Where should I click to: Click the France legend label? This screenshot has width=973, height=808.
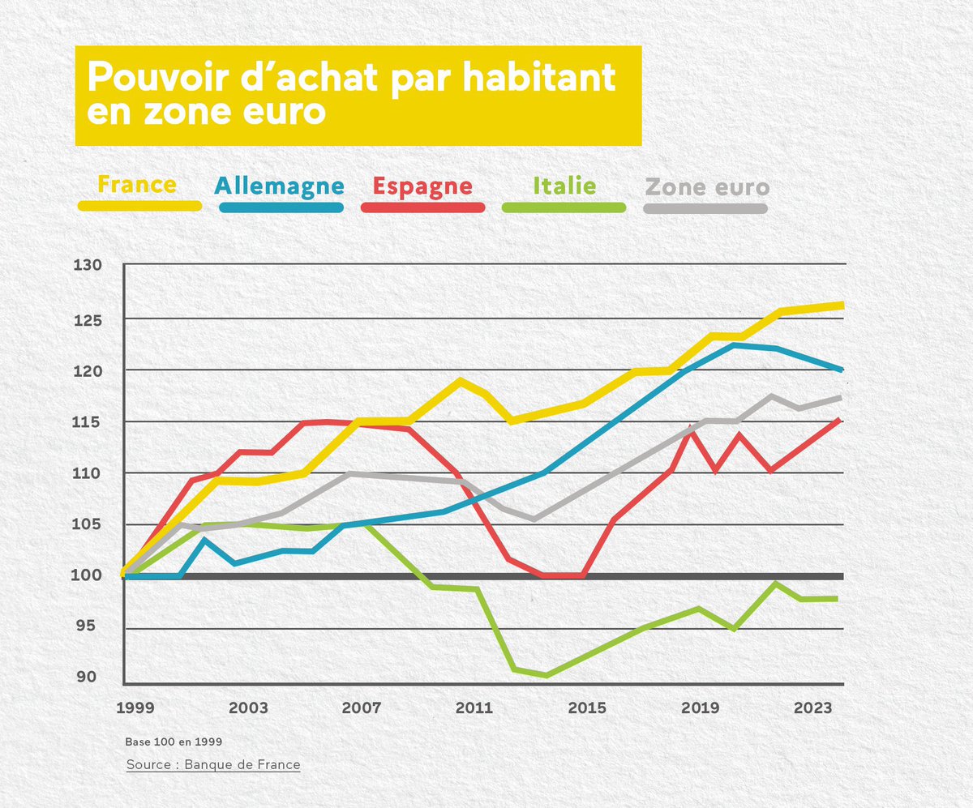coord(137,185)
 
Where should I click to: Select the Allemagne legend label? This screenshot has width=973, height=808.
coord(280,186)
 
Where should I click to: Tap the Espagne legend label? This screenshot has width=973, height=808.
coord(422,186)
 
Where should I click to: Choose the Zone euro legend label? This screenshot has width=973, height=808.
coord(706,187)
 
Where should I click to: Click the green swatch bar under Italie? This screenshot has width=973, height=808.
coord(564,207)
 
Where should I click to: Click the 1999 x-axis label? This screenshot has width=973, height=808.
coord(135,708)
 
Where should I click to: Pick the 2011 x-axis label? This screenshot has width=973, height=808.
coord(474,708)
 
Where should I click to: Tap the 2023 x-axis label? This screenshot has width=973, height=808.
coord(813,708)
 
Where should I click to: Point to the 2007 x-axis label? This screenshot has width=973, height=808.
coord(362,708)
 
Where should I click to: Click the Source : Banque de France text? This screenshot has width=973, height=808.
coord(213,764)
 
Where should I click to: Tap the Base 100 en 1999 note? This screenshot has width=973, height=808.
coord(174,742)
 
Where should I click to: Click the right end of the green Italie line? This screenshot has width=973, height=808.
coord(836,599)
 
